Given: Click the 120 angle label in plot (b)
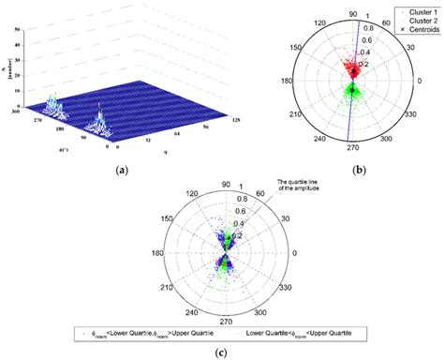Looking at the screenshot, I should click(315, 19).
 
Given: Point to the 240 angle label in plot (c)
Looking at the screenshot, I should click(186, 315).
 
